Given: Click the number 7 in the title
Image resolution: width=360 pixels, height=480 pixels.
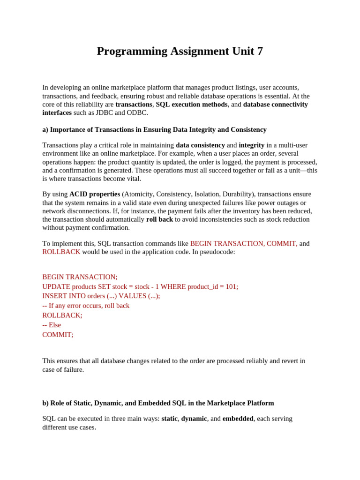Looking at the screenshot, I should click(x=260, y=51).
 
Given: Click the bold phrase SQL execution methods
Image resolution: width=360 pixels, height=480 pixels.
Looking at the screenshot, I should click(x=192, y=104).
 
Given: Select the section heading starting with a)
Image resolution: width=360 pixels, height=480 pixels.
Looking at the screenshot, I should click(x=154, y=129).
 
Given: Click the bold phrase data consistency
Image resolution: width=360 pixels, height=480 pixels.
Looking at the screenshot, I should click(x=200, y=145).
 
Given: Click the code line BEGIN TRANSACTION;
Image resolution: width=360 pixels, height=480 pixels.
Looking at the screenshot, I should click(x=80, y=277).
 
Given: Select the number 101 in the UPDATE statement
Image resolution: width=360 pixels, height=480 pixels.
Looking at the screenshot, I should click(x=231, y=286).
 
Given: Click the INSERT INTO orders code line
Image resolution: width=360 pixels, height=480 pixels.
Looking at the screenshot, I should click(x=101, y=296).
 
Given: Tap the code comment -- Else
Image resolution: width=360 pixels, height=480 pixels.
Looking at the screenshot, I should click(x=52, y=325).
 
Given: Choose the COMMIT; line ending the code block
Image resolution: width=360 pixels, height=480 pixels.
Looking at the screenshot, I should click(x=58, y=335).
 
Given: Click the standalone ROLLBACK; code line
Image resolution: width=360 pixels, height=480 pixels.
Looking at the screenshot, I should click(x=62, y=315).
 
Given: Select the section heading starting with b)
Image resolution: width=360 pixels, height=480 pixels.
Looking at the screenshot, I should click(x=158, y=403).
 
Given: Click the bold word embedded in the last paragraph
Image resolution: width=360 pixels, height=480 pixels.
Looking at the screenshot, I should click(x=238, y=419).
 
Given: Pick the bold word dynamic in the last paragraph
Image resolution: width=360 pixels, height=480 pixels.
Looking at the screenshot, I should click(x=194, y=419).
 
